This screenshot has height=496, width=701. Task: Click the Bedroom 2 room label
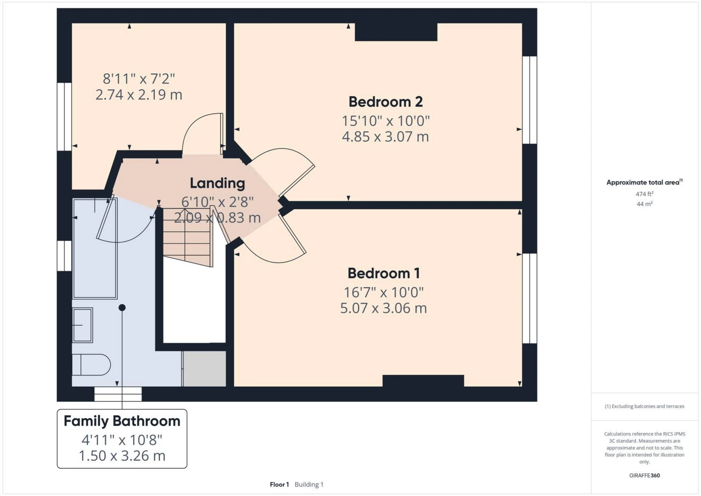pos(385,102)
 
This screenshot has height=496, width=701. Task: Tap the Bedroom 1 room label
pos(383,273)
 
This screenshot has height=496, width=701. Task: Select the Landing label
pos(217,183)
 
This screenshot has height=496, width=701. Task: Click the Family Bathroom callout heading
pos(122,421)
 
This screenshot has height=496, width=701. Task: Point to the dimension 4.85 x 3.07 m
pos(385,137)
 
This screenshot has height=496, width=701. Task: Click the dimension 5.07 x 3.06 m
pos(383,308)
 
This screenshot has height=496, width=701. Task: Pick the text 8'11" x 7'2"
pos(139,79)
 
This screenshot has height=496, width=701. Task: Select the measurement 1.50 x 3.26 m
pos(122,456)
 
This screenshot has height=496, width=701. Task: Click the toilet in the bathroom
pos(91,365)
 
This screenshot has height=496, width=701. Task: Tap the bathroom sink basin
pos(83,325)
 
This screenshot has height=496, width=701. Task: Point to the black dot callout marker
pos(122,308)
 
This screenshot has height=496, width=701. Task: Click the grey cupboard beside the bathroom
pos(204,369)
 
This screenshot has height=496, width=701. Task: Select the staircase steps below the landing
pos(187,237)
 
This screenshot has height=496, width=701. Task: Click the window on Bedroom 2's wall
pos(529,100)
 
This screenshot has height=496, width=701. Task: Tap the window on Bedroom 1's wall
pos(529,298)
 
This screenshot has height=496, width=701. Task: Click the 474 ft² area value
pos(644,194)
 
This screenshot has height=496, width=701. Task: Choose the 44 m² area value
pos(644,204)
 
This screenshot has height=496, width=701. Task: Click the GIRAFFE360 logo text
pos(644,475)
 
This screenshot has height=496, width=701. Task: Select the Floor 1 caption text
pos(279,484)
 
